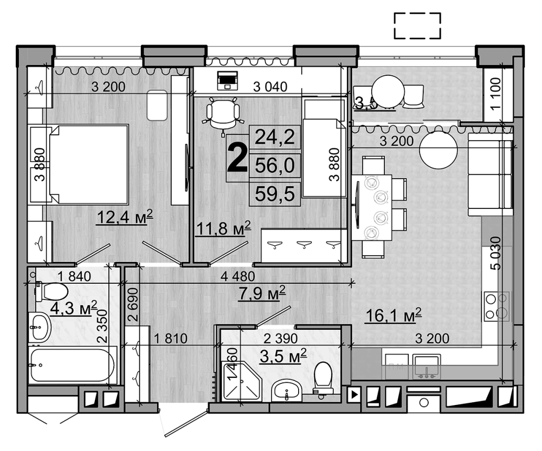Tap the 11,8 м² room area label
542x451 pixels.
222,227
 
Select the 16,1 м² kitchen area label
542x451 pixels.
393,315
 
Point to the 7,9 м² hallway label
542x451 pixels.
262,295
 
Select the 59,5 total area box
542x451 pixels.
274,194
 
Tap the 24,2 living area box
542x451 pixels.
274,138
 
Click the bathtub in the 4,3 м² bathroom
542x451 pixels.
72,365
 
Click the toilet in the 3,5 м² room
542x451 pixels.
324,377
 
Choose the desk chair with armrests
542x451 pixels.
223,114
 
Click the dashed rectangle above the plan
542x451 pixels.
417,26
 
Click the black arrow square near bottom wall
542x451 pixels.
354,395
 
